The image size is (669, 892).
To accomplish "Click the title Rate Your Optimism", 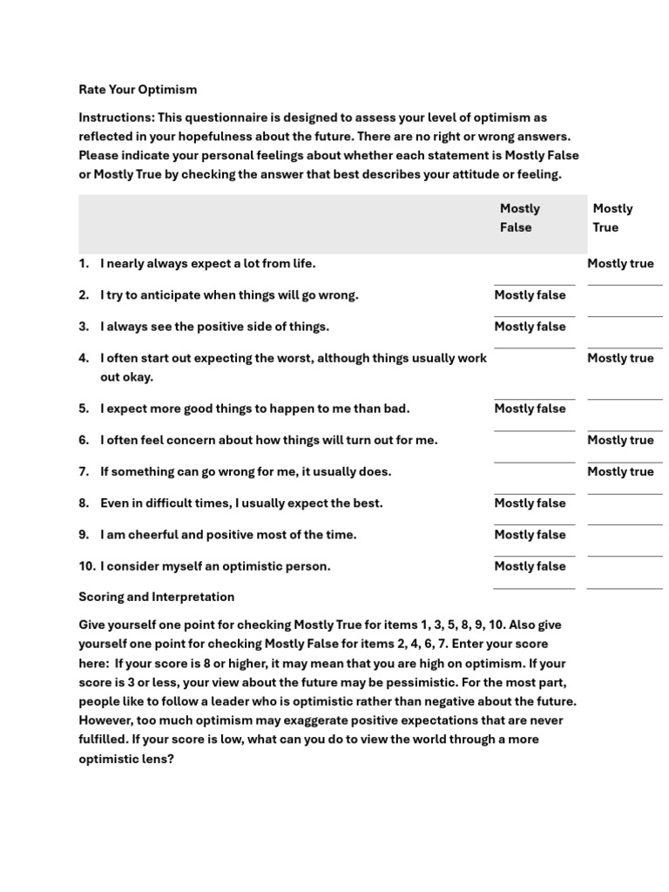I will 138,90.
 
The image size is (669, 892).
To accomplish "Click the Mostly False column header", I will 520,218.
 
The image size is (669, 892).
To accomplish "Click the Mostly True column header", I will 612,218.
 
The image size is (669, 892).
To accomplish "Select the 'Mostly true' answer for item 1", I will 620,264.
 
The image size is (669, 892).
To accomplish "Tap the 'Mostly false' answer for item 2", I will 530,295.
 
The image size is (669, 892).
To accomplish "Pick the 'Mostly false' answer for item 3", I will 530,327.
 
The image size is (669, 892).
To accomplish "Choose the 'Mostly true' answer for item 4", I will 620,358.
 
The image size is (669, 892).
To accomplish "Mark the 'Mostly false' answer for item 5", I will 530,409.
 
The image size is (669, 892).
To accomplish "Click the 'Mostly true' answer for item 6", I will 620,440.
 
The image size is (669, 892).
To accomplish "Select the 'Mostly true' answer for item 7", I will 620,471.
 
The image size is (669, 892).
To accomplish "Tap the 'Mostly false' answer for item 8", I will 530,503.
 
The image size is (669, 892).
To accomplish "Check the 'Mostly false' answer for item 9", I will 530,535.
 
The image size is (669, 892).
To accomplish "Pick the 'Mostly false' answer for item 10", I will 530,566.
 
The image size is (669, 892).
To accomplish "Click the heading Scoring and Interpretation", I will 157,598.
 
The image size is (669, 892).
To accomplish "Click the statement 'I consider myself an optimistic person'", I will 215,566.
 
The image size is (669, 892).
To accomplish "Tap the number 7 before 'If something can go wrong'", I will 84,471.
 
